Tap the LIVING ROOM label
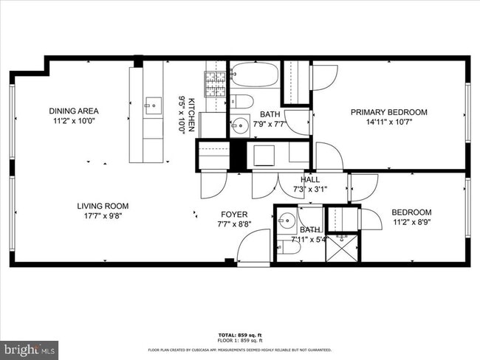click(x=103, y=206)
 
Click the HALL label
click(x=309, y=179)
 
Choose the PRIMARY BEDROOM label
click(x=388, y=112)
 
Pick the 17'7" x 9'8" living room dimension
click(x=103, y=215)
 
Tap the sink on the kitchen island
click(x=153, y=105)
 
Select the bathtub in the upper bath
click(x=254, y=75)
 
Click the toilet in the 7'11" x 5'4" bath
click(x=290, y=249)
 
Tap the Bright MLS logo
click(x=29, y=347)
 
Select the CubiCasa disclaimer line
click(x=239, y=349)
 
